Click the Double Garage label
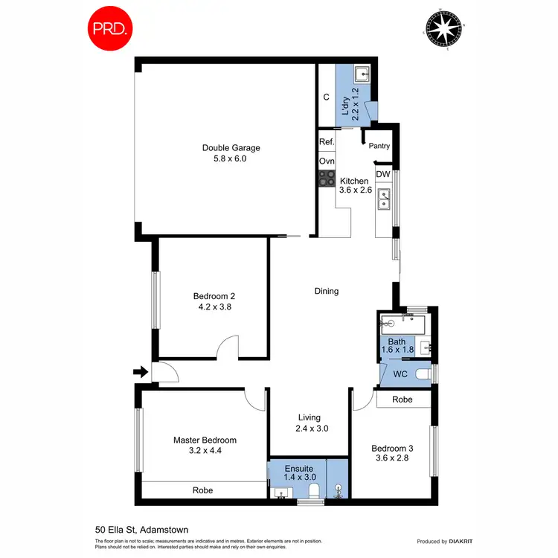231,147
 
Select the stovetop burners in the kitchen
327,178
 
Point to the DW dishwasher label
382,174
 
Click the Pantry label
379,147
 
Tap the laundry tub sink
362,74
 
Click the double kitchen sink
385,199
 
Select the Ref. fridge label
326,141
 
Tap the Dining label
327,291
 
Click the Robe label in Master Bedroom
203,490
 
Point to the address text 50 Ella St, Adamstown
141,530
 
